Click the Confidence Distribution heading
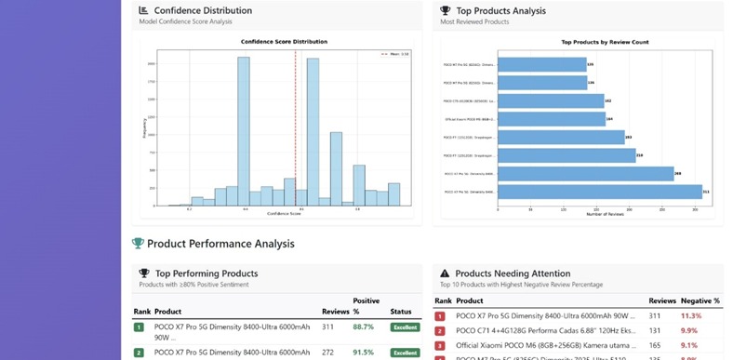tap(202, 10)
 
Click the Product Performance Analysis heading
tap(220, 244)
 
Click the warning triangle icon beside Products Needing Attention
tap(445, 273)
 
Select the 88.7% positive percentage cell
tap(364, 327)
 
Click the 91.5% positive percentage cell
tap(364, 352)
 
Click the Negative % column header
tap(700, 300)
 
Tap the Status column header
tap(402, 311)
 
